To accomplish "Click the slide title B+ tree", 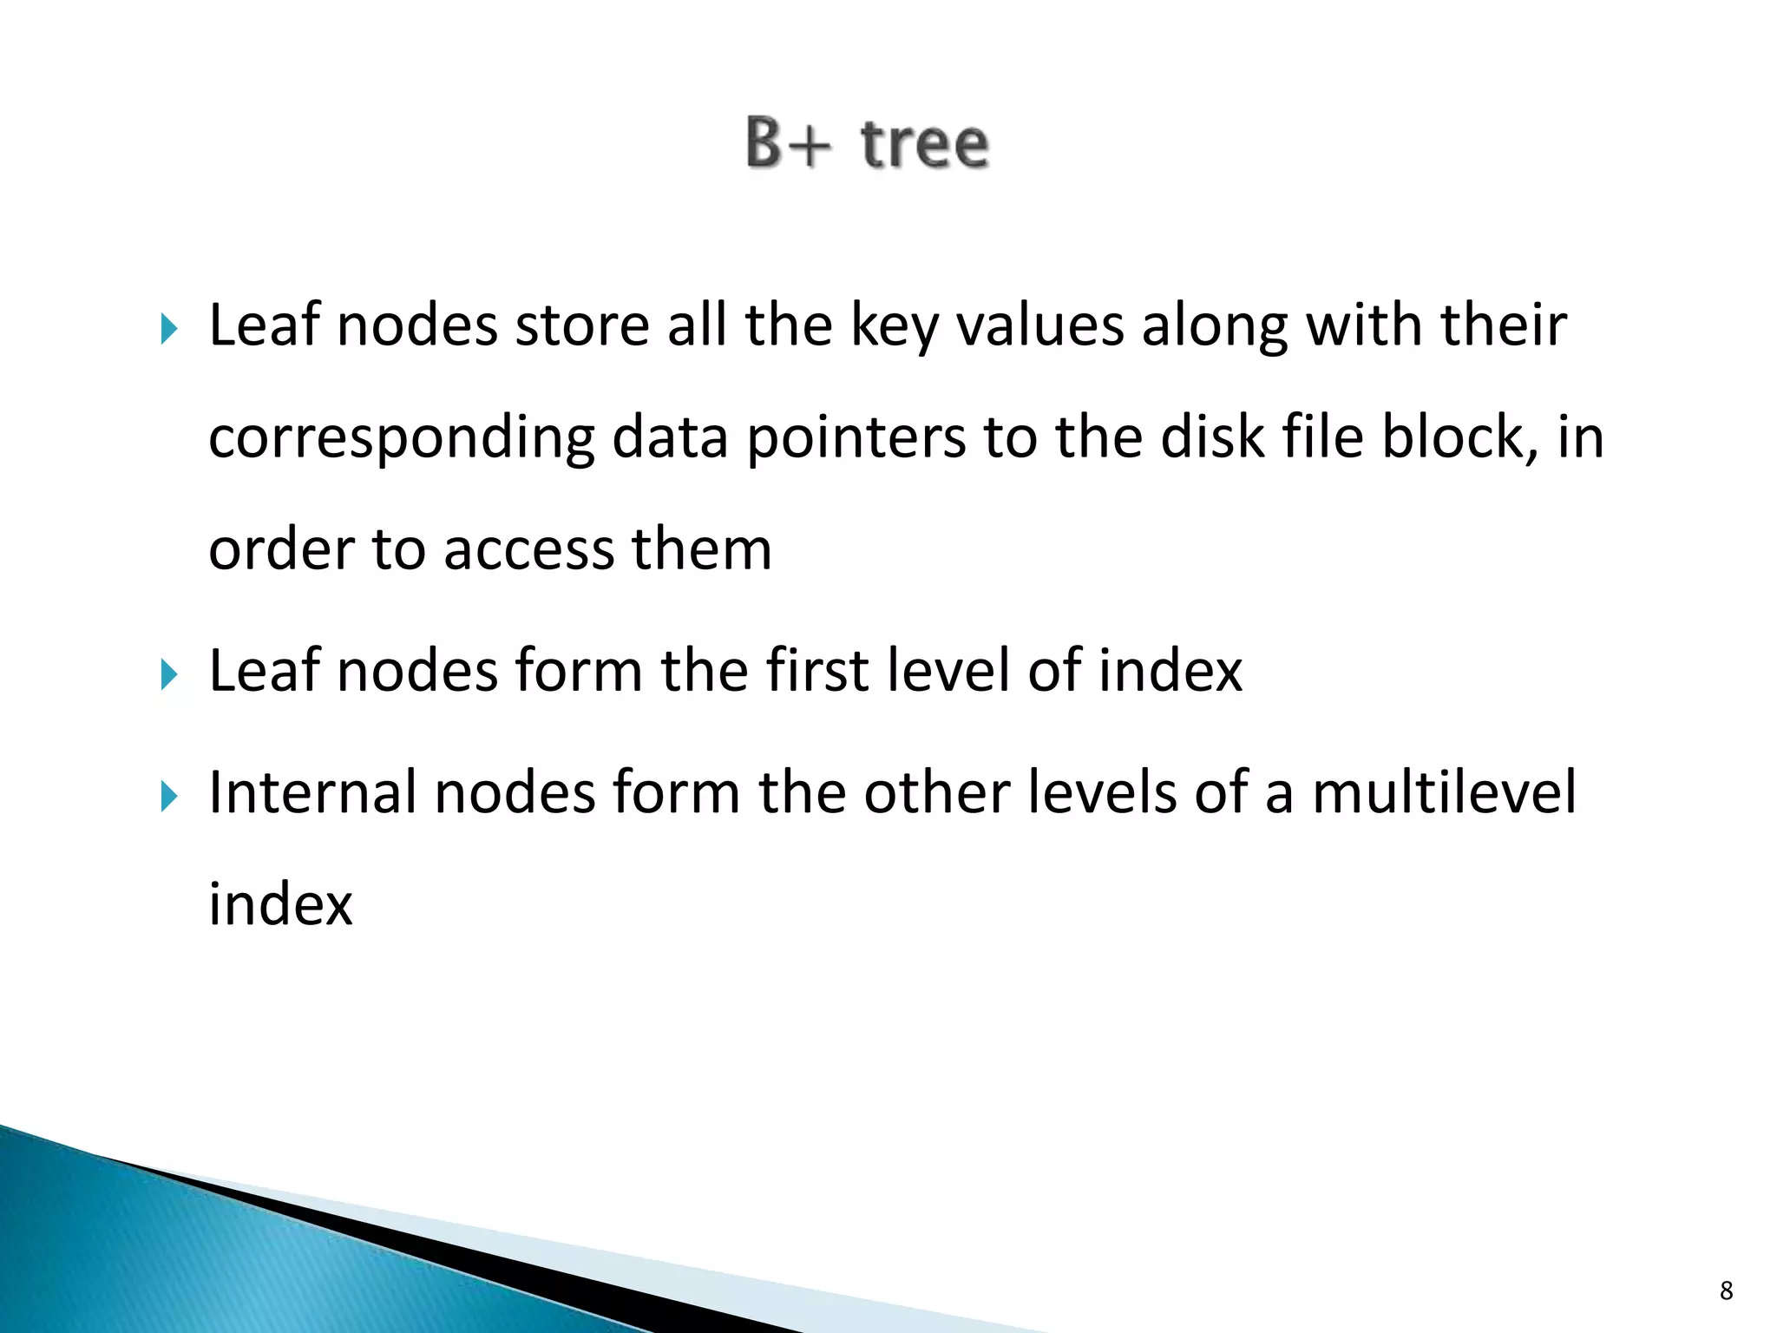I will (867, 144).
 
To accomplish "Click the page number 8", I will (1726, 1290).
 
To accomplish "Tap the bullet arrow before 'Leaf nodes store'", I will (169, 329).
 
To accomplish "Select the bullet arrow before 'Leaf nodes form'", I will (169, 674).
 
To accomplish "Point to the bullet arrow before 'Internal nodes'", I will (169, 796).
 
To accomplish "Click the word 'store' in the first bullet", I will (582, 325).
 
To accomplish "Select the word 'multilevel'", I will (1444, 792).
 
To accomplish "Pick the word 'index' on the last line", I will (280, 904).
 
